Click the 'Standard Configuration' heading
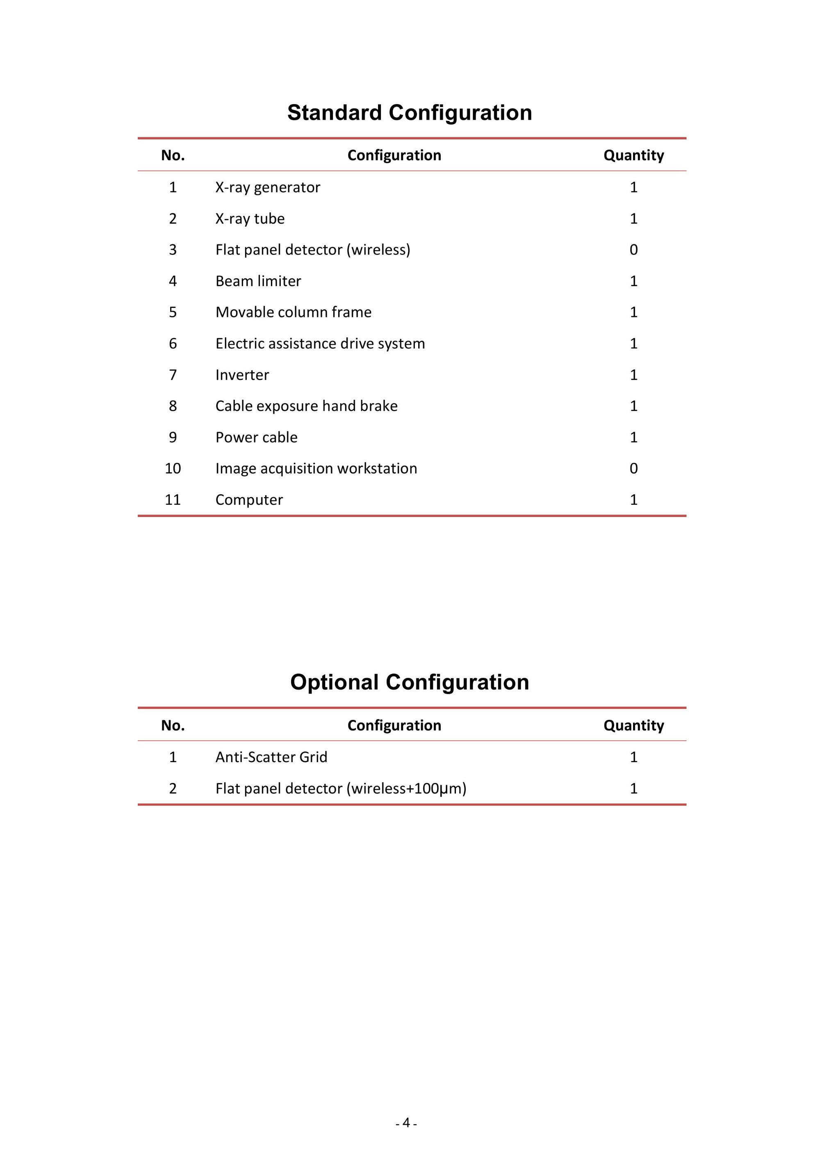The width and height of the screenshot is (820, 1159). pyautogui.click(x=410, y=113)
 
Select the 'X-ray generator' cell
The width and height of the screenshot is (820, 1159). pyautogui.click(x=268, y=187)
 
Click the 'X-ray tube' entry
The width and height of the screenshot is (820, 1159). pyautogui.click(x=250, y=219)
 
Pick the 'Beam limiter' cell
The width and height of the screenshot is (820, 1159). pyautogui.click(x=258, y=281)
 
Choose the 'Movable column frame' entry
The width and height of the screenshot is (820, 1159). pyautogui.click(x=294, y=312)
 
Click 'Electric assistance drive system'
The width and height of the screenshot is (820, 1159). pyautogui.click(x=320, y=344)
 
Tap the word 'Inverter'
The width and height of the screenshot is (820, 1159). pyautogui.click(x=242, y=375)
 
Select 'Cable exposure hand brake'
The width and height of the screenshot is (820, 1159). pyautogui.click(x=307, y=406)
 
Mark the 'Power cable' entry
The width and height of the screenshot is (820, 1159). pyautogui.click(x=257, y=438)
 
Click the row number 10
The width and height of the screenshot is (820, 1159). pyautogui.click(x=173, y=469)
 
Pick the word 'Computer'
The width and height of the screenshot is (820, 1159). pyautogui.click(x=249, y=500)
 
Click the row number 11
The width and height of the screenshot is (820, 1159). pyautogui.click(x=173, y=500)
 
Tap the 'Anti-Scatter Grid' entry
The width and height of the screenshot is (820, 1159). pyautogui.click(x=271, y=757)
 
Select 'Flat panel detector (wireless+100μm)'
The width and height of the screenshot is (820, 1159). pyautogui.click(x=341, y=788)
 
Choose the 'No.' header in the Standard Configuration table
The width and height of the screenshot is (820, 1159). pyautogui.click(x=173, y=155)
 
